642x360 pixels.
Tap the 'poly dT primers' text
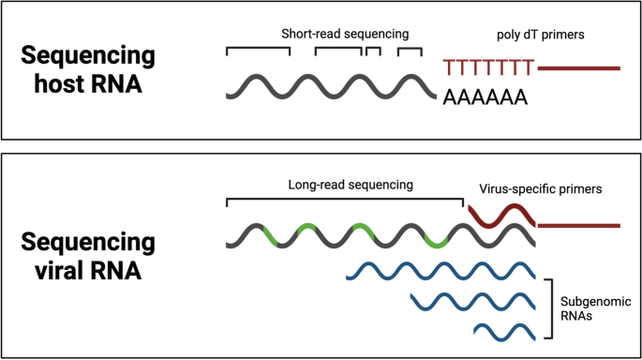point(540,35)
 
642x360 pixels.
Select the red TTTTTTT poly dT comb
point(488,67)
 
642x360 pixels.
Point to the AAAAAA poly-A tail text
point(484,97)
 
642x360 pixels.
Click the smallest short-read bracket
point(373,50)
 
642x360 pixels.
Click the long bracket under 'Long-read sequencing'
point(345,200)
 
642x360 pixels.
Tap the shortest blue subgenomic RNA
point(504,330)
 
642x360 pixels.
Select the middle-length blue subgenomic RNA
point(473,301)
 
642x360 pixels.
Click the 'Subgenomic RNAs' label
point(590,310)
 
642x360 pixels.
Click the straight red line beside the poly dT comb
point(578,67)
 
